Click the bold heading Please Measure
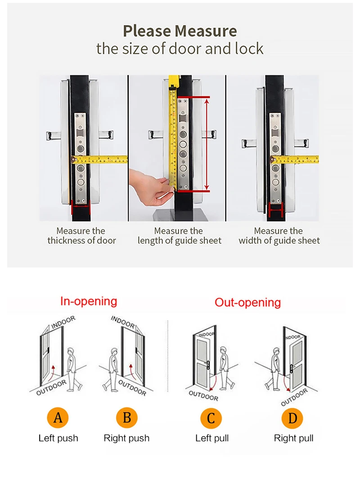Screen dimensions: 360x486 coord(180,31)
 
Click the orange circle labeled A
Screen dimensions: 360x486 coord(58,418)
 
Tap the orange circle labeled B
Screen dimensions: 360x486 coord(127,418)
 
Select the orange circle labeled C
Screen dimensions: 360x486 coord(211,419)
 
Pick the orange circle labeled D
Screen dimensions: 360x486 coord(292,419)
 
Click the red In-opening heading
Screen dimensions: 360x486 coord(89,301)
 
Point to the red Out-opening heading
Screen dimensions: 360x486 coord(247,302)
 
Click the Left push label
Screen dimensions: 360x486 coord(58,438)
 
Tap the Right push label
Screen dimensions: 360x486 coord(126,438)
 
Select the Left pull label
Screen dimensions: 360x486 coord(212,438)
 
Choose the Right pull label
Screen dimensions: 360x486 coord(293,438)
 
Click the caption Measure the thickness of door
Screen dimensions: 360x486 coord(82,236)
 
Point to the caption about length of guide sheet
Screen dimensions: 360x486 coord(180,236)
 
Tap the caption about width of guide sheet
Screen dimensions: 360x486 coord(279,236)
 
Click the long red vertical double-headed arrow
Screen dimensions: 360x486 coord(207,144)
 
